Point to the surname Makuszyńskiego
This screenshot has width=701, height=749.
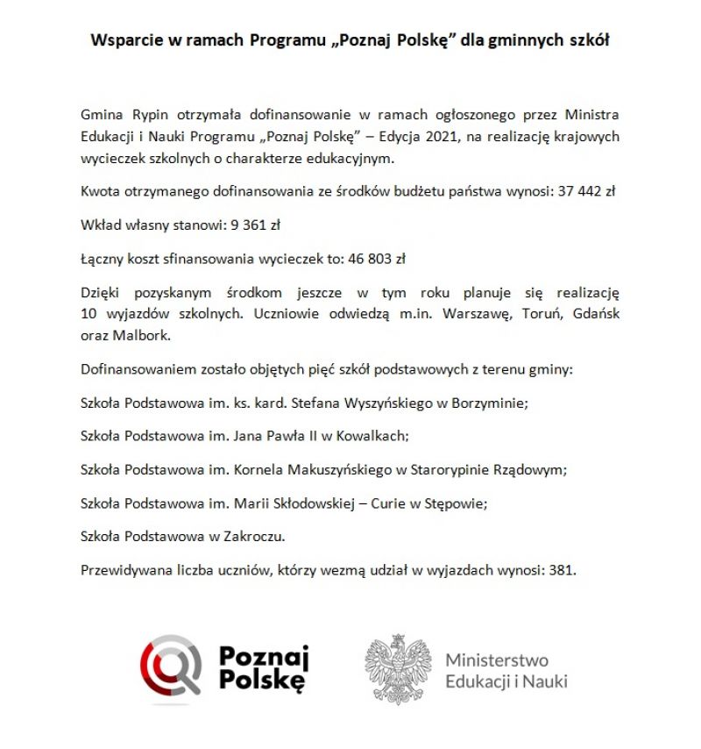pyautogui.click(x=341, y=469)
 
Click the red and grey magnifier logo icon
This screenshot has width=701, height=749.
pyautogui.click(x=171, y=669)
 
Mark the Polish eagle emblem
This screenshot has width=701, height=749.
pyautogui.click(x=399, y=669)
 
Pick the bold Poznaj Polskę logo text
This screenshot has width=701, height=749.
pyautogui.click(x=263, y=668)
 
